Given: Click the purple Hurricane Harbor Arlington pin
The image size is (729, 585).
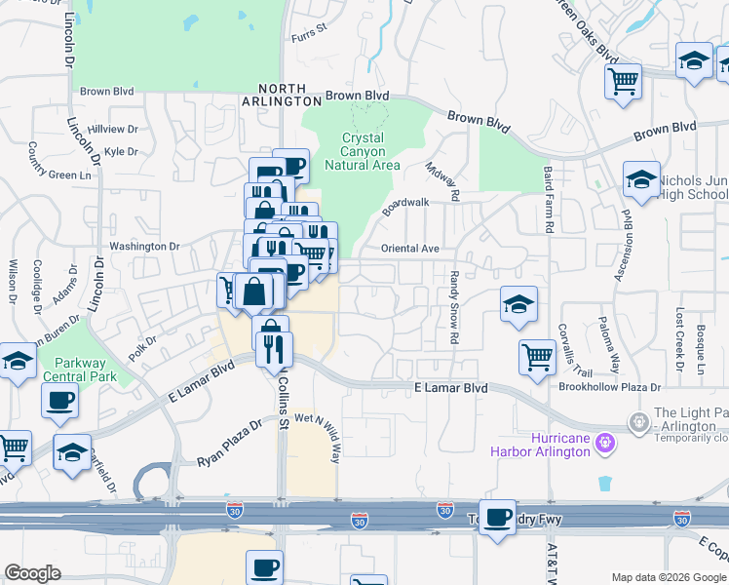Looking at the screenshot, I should point(605,443).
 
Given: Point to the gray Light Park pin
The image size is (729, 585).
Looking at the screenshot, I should point(638,422).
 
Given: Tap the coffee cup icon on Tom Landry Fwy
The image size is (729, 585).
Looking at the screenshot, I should point(498,518).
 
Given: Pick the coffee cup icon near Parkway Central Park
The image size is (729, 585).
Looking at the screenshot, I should point(60,400).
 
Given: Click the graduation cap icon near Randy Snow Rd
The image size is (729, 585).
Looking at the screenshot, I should point(518,305).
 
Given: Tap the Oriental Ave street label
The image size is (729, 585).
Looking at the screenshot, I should point(409,249).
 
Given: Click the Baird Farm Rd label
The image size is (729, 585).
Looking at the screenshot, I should point(550,212).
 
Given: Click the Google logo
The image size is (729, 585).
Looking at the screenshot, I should point(32,572).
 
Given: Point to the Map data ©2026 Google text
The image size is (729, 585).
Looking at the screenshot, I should point(668,577).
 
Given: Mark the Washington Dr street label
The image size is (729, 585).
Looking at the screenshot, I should point(144,247).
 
